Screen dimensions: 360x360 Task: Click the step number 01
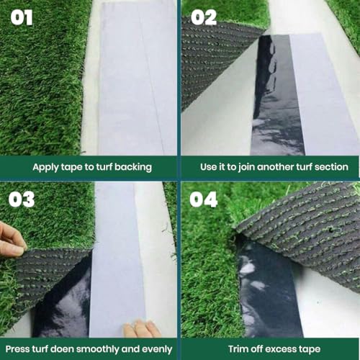click(x=22, y=18)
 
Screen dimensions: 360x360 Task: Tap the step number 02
click(x=204, y=18)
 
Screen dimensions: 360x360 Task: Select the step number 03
click(x=22, y=199)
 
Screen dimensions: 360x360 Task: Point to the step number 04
click(x=204, y=199)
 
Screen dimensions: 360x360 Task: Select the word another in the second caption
click(x=275, y=167)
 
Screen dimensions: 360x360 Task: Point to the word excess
click(x=282, y=349)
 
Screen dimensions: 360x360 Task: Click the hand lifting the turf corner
click(x=12, y=240)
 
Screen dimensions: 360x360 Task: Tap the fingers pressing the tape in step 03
click(x=142, y=329)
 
